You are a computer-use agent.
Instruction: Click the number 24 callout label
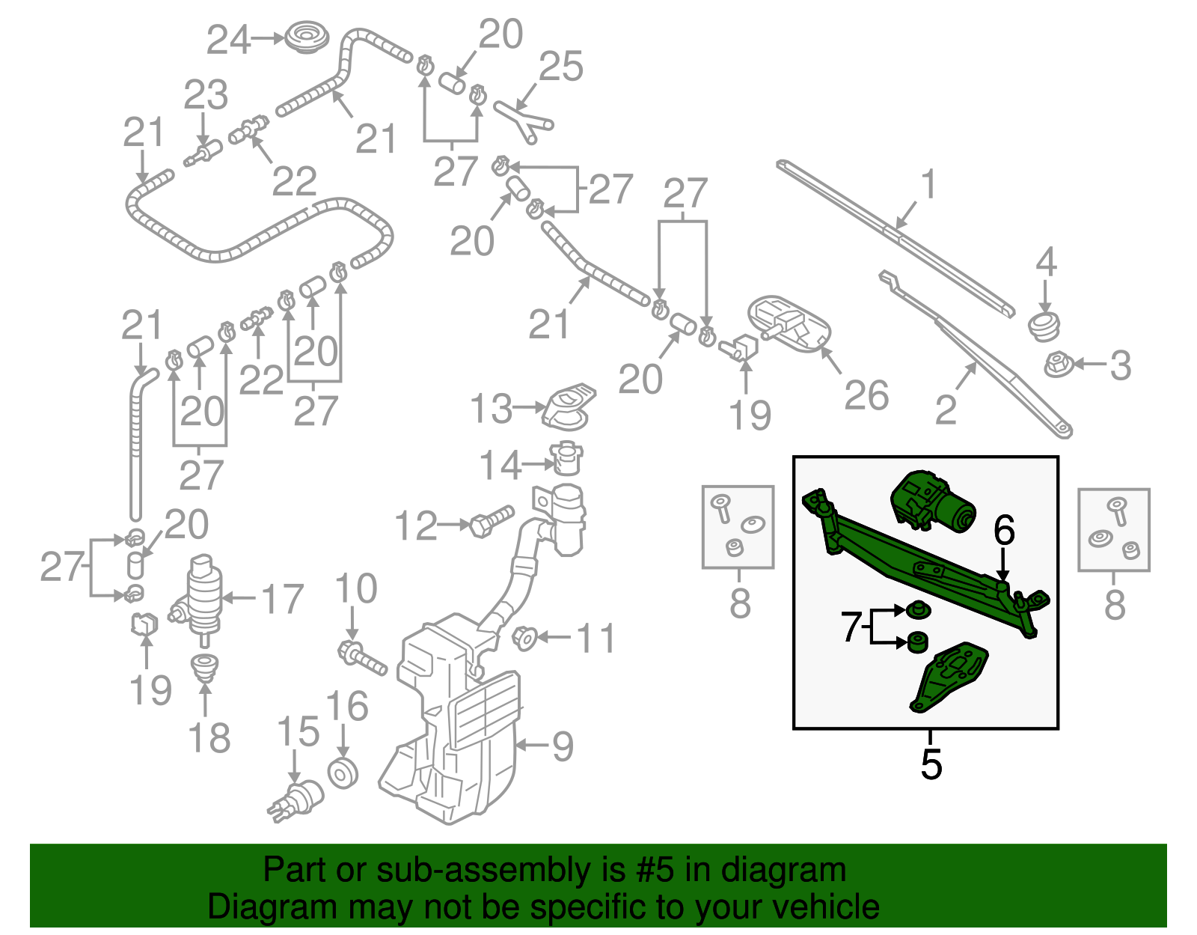click(x=227, y=40)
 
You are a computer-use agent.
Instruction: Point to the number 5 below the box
click(x=931, y=764)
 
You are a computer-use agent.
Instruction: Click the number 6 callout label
click(x=1004, y=531)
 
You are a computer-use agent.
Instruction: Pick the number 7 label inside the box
click(x=851, y=627)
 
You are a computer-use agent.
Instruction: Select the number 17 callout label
click(x=282, y=599)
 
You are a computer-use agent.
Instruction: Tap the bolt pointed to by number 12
click(x=492, y=521)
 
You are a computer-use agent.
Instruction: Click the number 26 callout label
click(x=866, y=396)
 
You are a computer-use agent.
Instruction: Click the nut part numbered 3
click(x=1056, y=365)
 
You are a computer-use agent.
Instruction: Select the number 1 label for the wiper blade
click(x=928, y=184)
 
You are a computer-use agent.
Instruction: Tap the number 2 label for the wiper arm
click(x=946, y=410)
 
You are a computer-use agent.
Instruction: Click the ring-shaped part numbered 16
click(x=343, y=773)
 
